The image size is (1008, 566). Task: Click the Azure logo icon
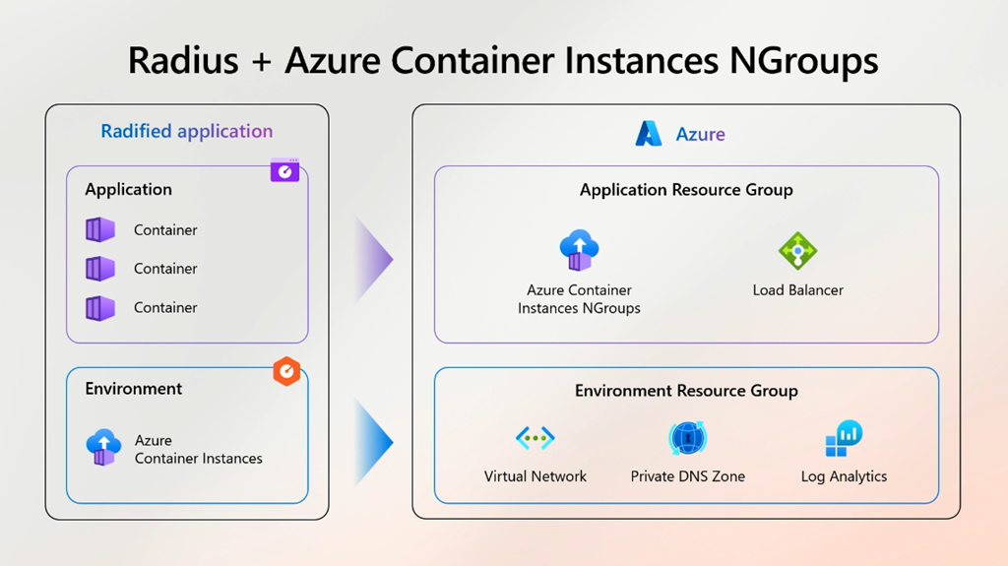point(649,134)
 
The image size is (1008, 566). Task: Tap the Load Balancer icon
point(797,251)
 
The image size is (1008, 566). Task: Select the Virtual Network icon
point(535,438)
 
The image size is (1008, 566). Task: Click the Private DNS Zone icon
point(687,438)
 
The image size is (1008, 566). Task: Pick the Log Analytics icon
point(844,438)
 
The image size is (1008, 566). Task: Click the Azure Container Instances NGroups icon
point(579,251)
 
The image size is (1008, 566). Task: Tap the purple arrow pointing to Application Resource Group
point(374,260)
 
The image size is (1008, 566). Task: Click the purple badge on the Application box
point(284,170)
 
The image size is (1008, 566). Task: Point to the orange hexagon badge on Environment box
point(285,371)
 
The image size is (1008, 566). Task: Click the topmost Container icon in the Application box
point(100,230)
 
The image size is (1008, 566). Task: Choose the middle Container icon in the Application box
point(100,269)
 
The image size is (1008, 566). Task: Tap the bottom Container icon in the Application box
point(100,308)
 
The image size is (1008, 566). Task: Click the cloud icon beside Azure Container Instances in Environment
point(103,447)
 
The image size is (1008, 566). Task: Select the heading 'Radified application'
point(187,132)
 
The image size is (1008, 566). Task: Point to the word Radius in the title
point(183,61)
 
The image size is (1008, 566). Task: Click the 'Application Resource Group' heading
point(686,190)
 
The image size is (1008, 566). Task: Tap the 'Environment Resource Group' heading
point(686,391)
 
